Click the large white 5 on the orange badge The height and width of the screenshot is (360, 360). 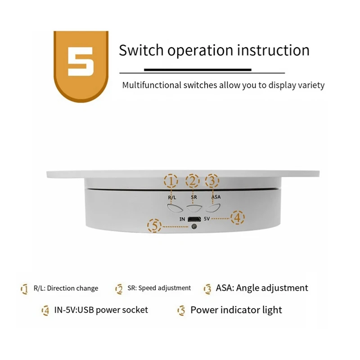click(x=81, y=61)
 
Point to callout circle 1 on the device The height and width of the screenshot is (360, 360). click(x=171, y=181)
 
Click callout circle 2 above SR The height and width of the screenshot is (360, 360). click(x=193, y=181)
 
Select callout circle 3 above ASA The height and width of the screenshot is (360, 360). click(x=212, y=181)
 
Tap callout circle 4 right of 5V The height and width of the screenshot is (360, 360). click(x=238, y=218)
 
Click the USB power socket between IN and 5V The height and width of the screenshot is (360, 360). click(x=194, y=219)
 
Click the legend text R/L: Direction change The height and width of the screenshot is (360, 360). click(x=66, y=288)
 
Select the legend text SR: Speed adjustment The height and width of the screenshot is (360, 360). click(x=159, y=288)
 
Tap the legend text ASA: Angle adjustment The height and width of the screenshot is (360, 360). click(x=262, y=288)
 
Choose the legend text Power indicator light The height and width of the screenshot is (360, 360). click(x=236, y=310)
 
